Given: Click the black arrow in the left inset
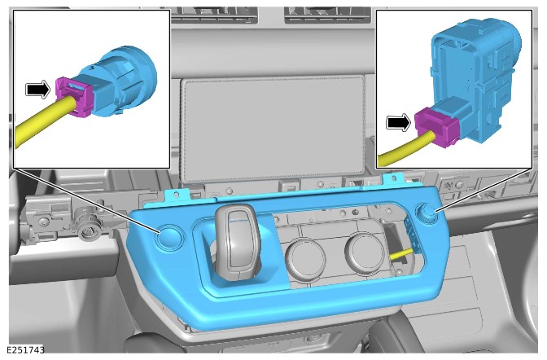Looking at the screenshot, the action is coord(38,90).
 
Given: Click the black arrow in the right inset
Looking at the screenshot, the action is coord(399,122).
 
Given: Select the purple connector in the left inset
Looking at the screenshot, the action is coord(73,97).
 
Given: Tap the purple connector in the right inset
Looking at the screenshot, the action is coord(436,126).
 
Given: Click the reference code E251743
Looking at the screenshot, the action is coord(25,350).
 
